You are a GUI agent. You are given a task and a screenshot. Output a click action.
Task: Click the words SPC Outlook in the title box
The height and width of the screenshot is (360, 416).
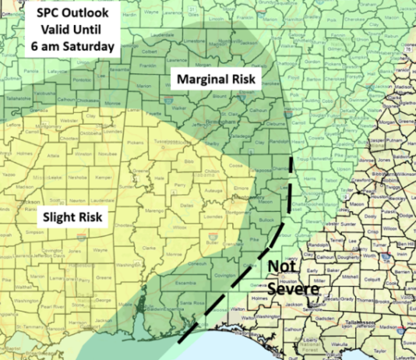[x=69, y=16]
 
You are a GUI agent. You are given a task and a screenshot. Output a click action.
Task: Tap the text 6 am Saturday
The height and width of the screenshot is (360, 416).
[x=69, y=47]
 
